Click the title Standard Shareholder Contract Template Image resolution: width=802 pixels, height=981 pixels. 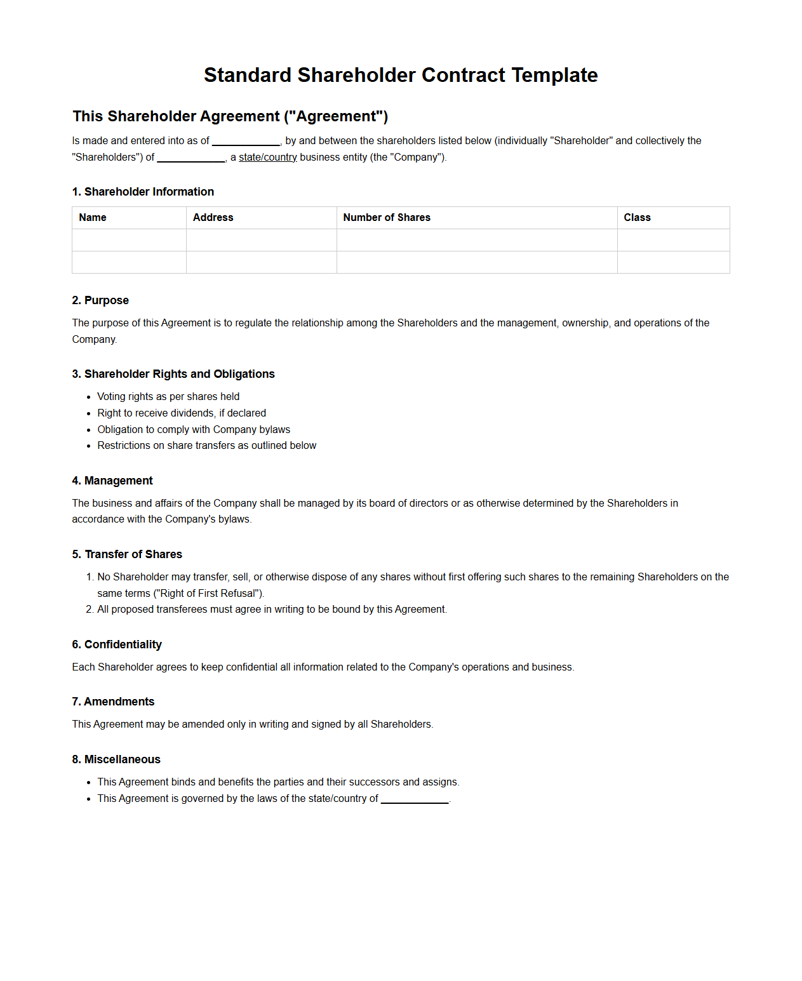(x=401, y=75)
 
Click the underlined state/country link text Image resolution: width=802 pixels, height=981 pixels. (x=267, y=157)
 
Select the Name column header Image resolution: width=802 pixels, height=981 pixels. (x=93, y=217)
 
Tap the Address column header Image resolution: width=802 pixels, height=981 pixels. (x=213, y=217)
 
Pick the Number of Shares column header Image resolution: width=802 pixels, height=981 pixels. (x=386, y=217)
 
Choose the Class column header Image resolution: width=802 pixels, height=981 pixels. (x=637, y=217)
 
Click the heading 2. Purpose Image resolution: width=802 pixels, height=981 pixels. (x=100, y=300)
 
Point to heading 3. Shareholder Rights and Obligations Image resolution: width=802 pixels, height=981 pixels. (x=173, y=374)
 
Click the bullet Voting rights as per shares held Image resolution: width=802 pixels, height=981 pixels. (x=168, y=396)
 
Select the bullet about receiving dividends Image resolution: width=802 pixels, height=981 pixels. (x=182, y=413)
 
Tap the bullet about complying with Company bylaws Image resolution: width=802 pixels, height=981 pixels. (x=194, y=429)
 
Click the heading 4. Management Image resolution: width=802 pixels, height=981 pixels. (x=112, y=481)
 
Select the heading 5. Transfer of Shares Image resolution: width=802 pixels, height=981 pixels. (x=127, y=554)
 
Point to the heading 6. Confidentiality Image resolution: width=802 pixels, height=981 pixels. (x=117, y=644)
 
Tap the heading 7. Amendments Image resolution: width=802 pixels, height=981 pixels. (x=113, y=702)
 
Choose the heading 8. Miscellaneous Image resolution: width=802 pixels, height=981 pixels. (x=116, y=759)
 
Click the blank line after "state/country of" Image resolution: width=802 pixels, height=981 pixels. (x=415, y=799)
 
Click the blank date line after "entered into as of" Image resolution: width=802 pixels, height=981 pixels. (x=246, y=141)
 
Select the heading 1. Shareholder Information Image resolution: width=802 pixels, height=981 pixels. (x=143, y=192)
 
